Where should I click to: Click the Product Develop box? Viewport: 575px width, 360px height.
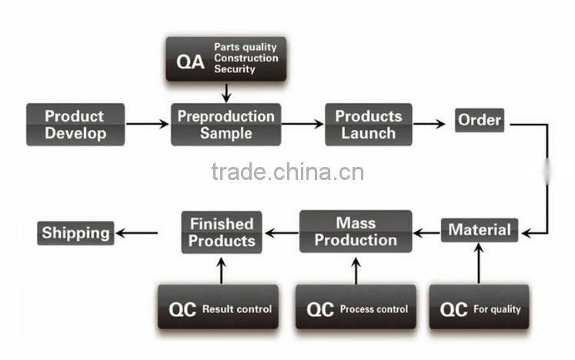click(x=75, y=125)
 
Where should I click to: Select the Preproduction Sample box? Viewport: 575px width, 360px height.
click(x=226, y=125)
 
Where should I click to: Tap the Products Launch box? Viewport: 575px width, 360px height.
click(x=368, y=125)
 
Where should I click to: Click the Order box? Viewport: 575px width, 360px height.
click(x=480, y=120)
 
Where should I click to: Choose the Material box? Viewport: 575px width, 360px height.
click(x=480, y=230)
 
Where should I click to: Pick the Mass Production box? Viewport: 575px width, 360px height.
click(x=355, y=232)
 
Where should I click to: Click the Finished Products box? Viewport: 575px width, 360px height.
click(x=222, y=232)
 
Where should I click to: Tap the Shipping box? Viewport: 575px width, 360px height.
click(x=75, y=232)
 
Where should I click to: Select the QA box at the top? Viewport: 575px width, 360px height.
click(x=225, y=59)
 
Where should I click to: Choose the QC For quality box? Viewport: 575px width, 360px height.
click(x=479, y=309)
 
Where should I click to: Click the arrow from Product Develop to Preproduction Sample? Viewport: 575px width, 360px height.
click(x=148, y=124)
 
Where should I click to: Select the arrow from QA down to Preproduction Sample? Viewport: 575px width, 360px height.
click(x=226, y=93)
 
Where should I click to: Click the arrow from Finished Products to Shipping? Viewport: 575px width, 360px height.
click(x=138, y=232)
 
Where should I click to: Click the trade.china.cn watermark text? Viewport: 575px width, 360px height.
click(x=287, y=171)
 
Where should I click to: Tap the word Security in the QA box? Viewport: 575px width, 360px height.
click(x=234, y=69)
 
